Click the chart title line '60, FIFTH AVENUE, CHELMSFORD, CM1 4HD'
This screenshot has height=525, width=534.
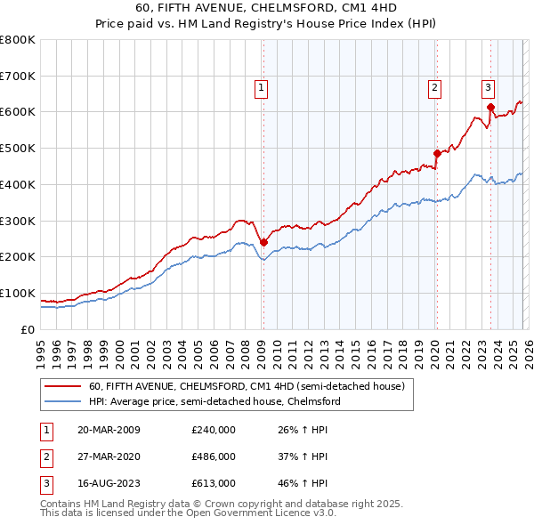click(x=267, y=9)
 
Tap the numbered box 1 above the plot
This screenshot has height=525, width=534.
click(x=262, y=87)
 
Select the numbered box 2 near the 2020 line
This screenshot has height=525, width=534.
click(x=434, y=87)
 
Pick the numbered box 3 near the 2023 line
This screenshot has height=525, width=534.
click(x=489, y=87)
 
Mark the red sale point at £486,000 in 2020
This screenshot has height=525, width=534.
click(x=437, y=153)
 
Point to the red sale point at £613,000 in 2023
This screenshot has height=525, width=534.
click(x=490, y=107)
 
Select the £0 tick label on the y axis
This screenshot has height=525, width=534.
click(x=28, y=329)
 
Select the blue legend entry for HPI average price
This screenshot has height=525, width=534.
click(x=214, y=401)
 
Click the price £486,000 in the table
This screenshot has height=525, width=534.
click(x=214, y=456)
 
